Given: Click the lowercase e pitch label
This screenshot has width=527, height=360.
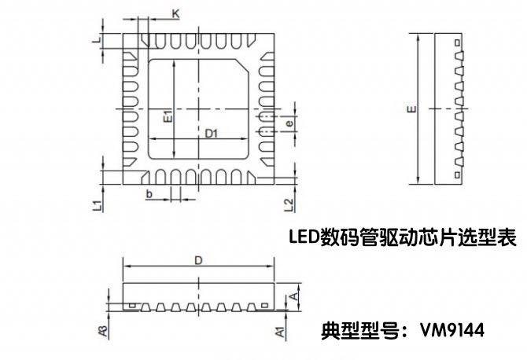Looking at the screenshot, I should (x=289, y=124).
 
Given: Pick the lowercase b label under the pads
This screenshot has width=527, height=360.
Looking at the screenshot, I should (x=149, y=193).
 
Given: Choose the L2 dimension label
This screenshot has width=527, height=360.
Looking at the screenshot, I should (x=289, y=205).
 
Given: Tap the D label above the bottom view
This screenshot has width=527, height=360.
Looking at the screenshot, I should (x=199, y=259).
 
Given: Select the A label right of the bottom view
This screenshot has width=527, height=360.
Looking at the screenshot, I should (x=293, y=295).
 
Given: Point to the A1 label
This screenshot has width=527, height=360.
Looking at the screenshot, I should (x=279, y=331).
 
